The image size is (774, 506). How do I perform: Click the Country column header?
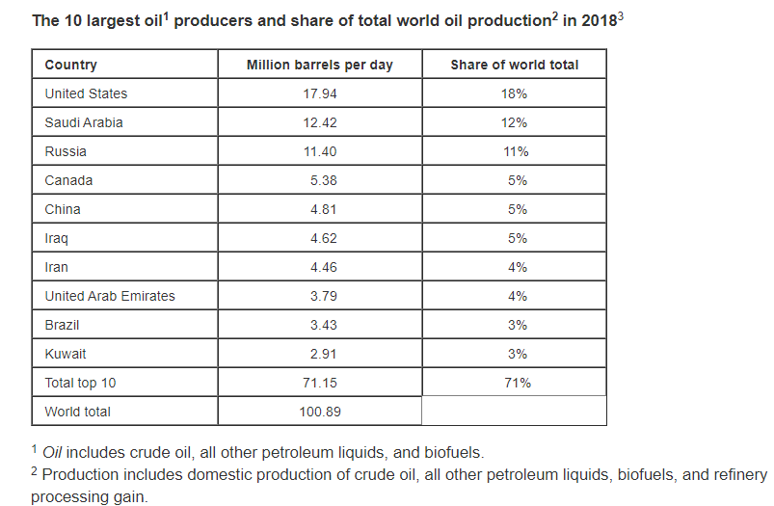pyautogui.click(x=70, y=65)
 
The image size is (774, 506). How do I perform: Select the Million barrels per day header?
pyautogui.click(x=319, y=65)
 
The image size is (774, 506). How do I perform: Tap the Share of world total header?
pyautogui.click(x=514, y=65)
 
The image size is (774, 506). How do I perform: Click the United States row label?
pyautogui.click(x=86, y=93)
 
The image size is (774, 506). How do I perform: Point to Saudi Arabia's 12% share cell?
pyautogui.click(x=514, y=122)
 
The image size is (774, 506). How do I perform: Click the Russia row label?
pyautogui.click(x=66, y=151)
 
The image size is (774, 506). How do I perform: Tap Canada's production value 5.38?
pyautogui.click(x=323, y=180)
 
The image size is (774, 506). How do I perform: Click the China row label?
pyautogui.click(x=63, y=209)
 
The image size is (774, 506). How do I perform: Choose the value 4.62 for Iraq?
pyautogui.click(x=323, y=238)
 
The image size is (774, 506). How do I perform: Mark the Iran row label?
pyautogui.click(x=57, y=267)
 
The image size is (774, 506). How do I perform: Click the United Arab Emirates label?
pyautogui.click(x=110, y=296)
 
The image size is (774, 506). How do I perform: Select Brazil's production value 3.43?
pyautogui.click(x=323, y=325)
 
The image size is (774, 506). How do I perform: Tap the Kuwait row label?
pyautogui.click(x=66, y=354)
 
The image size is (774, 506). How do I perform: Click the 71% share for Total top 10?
pyautogui.click(x=514, y=383)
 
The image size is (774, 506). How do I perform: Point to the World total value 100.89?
pyautogui.click(x=319, y=412)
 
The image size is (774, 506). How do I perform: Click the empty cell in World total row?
pyautogui.click(x=514, y=412)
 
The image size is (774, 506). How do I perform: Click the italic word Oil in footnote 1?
pyautogui.click(x=52, y=451)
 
